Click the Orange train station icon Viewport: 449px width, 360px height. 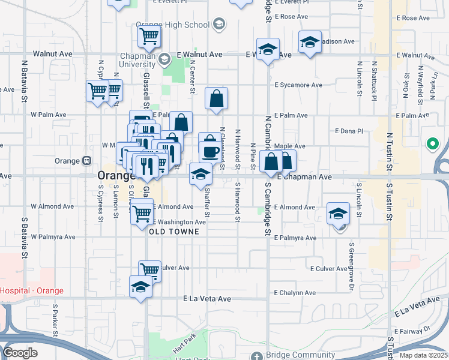[x=87, y=161]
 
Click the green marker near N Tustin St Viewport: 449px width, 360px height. [x=432, y=144]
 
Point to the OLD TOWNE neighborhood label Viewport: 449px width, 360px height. [x=173, y=231]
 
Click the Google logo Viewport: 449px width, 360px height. [x=20, y=353]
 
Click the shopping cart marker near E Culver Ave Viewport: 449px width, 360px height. [x=149, y=270]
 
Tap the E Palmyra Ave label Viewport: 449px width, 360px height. [x=295, y=238]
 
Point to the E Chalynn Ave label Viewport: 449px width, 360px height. [x=294, y=293]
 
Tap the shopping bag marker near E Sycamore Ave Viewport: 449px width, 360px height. [x=216, y=99]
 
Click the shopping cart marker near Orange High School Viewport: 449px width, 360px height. [x=149, y=35]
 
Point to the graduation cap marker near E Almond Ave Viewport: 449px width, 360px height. [x=338, y=214]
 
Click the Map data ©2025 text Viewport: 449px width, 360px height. [x=424, y=355]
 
